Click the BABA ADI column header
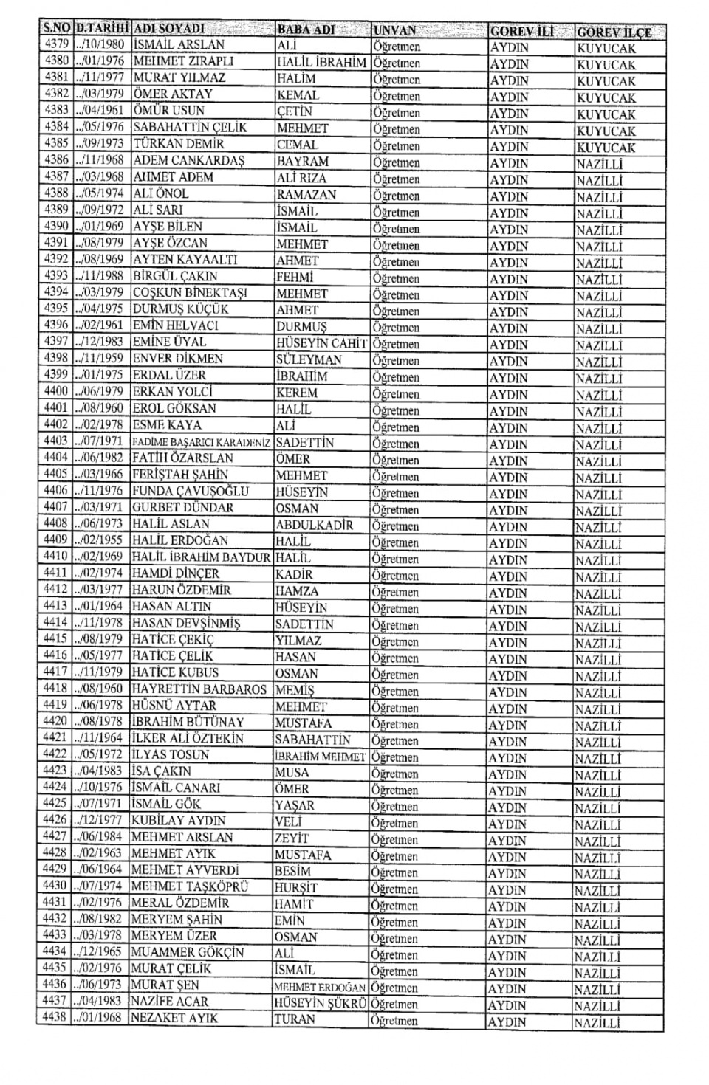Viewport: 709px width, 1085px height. click(306, 30)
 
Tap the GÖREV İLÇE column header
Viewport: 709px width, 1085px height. click(614, 32)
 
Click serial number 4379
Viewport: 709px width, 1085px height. click(56, 44)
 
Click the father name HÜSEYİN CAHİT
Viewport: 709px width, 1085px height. click(321, 342)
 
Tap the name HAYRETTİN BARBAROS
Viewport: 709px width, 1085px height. click(199, 689)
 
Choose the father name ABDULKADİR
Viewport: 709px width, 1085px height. click(314, 525)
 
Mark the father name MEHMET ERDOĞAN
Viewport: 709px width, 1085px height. click(320, 987)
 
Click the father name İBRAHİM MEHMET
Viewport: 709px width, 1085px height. click(320, 757)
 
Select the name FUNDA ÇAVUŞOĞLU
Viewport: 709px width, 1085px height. click(190, 492)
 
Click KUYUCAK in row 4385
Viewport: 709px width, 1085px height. click(606, 147)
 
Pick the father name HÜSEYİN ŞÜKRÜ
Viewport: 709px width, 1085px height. click(320, 1003)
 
